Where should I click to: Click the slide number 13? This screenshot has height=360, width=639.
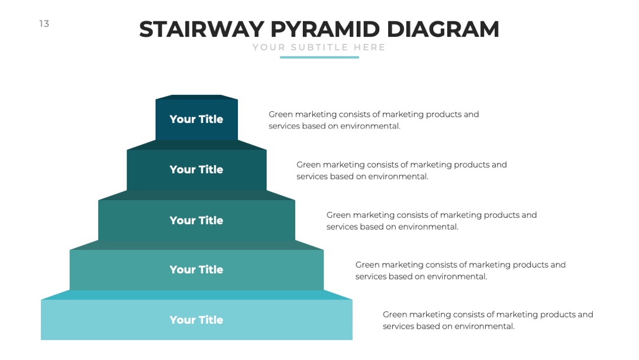point(44,24)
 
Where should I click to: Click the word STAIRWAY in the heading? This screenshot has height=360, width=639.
point(202,30)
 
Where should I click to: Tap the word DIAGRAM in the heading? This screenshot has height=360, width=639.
point(443,30)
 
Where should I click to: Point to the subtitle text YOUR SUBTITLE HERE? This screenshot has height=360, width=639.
point(319,47)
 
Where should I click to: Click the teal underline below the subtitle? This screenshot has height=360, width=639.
point(319,57)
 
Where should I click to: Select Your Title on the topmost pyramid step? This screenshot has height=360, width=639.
point(196,119)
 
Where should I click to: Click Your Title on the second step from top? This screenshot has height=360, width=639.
point(196,169)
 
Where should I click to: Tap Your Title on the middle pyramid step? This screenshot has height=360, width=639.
point(196,220)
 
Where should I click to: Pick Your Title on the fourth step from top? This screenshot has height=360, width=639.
point(196,269)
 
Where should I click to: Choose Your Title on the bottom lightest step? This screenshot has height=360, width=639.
point(196,320)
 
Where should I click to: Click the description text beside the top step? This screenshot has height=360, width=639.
point(374,120)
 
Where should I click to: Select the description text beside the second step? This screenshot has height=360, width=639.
point(401,171)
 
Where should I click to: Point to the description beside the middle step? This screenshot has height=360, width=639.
point(431,221)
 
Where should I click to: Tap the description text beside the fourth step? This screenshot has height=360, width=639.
point(460,271)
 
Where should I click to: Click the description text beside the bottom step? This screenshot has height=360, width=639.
point(488,320)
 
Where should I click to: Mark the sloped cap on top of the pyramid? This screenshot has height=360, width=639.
point(196,97)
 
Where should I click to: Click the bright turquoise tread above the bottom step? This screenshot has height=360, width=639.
point(196,295)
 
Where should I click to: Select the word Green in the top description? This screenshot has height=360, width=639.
point(281,114)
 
